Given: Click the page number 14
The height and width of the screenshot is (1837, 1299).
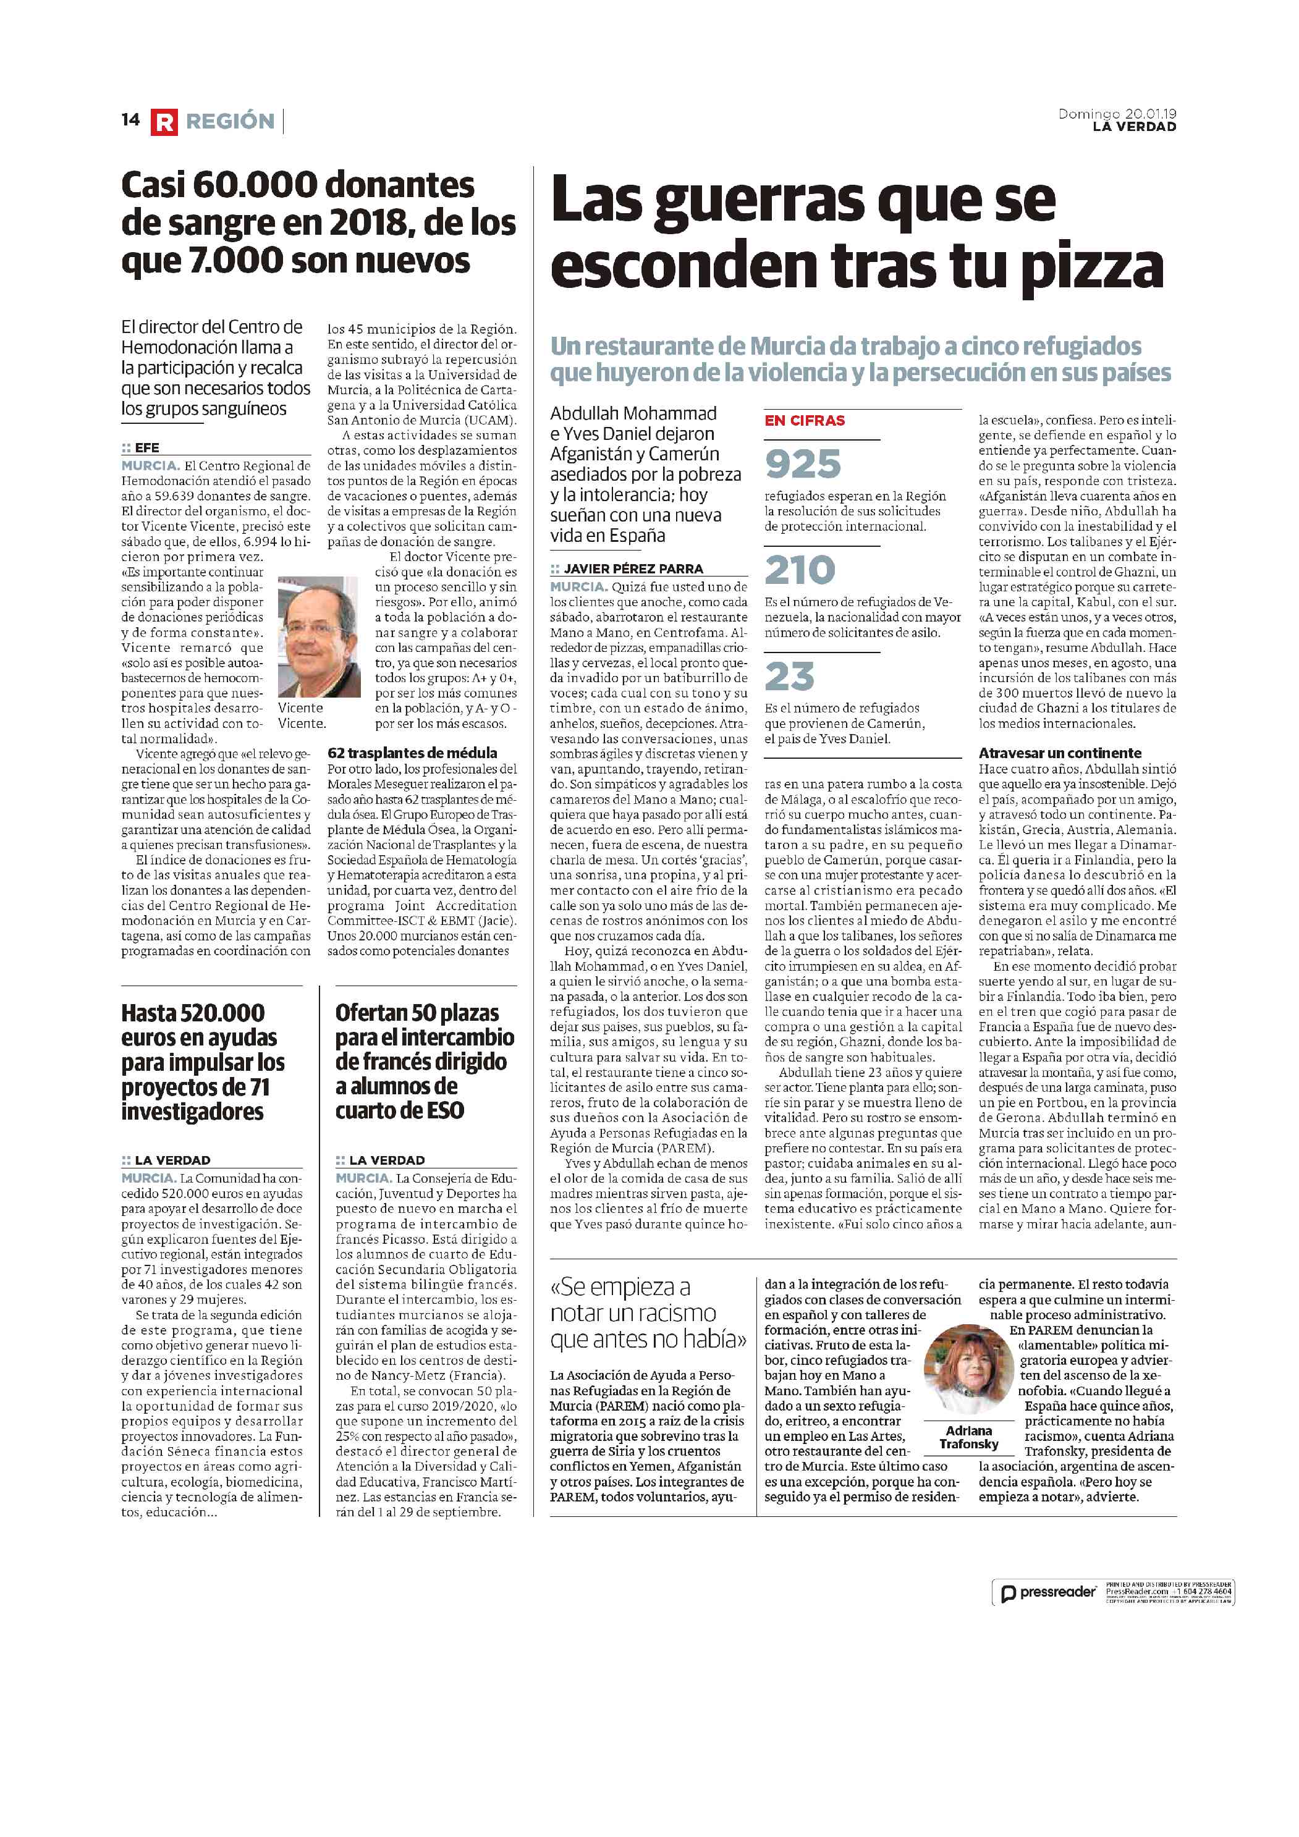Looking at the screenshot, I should pos(130,120).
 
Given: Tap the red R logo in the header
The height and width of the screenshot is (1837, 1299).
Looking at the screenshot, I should pos(163,122).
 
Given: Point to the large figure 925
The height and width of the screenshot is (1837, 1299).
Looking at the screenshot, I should pos(803,464).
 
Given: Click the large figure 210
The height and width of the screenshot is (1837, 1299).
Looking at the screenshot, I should pos(800,570).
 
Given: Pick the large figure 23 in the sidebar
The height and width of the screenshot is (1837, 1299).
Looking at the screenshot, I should pos(789,677).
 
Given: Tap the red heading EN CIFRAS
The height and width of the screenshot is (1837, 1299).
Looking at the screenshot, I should pos(805,421).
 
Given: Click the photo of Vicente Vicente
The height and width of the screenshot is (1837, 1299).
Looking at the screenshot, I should pos(318,637).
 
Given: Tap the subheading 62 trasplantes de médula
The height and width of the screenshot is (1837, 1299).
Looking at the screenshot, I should pos(412,753).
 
